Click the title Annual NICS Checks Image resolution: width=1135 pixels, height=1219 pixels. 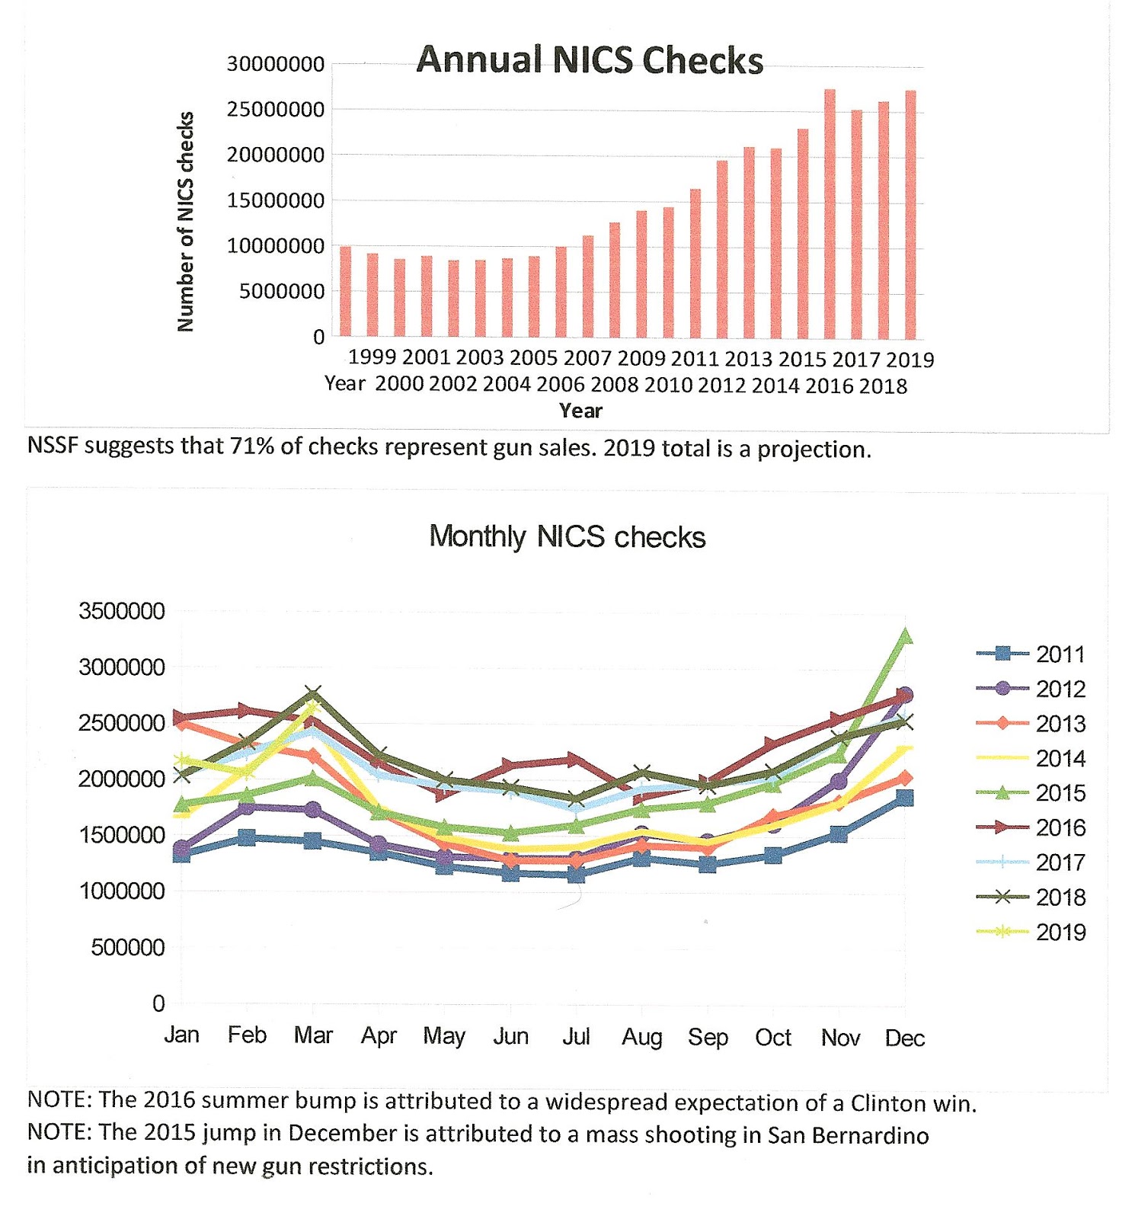[589, 60]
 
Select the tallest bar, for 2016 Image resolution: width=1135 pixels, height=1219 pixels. [830, 213]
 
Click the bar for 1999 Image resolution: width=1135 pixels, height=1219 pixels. [345, 291]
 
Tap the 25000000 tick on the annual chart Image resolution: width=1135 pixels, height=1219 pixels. [275, 110]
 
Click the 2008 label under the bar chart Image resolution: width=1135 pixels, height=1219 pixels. [614, 386]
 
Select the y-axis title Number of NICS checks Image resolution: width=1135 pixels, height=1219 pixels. [185, 222]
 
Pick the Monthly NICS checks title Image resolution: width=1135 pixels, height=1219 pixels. [567, 537]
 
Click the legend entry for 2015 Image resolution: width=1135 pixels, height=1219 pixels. [1060, 793]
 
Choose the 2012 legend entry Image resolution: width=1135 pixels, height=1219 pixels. [1060, 689]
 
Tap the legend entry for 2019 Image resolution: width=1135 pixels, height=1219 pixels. [1060, 932]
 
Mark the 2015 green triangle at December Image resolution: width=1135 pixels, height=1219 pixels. [905, 636]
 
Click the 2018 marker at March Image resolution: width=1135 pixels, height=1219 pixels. [312, 694]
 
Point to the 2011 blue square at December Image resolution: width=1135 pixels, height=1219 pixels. [905, 798]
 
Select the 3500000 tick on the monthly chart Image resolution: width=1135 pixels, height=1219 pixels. [121, 611]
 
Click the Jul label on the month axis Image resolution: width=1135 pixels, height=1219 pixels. [576, 1036]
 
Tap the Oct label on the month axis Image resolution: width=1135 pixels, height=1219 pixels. [773, 1037]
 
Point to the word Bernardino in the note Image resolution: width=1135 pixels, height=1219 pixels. [871, 1135]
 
